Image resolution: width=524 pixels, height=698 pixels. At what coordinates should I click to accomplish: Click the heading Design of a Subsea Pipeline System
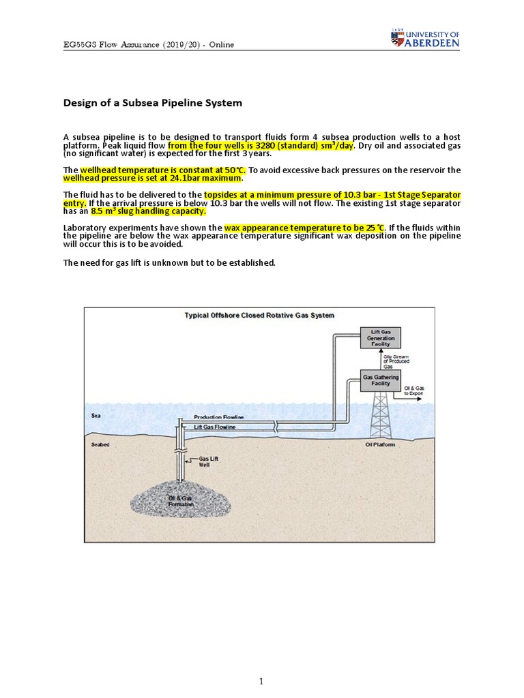click(153, 104)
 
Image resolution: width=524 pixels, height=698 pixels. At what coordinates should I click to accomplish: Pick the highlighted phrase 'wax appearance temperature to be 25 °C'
click(305, 227)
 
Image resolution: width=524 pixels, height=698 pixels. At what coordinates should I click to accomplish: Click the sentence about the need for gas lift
click(169, 262)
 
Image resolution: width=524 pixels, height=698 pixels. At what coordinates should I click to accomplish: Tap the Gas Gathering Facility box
click(381, 380)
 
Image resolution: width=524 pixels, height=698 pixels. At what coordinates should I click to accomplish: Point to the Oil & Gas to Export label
click(413, 391)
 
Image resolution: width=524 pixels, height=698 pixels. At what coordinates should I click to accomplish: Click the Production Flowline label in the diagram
click(219, 416)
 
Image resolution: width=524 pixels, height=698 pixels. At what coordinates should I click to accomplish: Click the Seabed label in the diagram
click(100, 445)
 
